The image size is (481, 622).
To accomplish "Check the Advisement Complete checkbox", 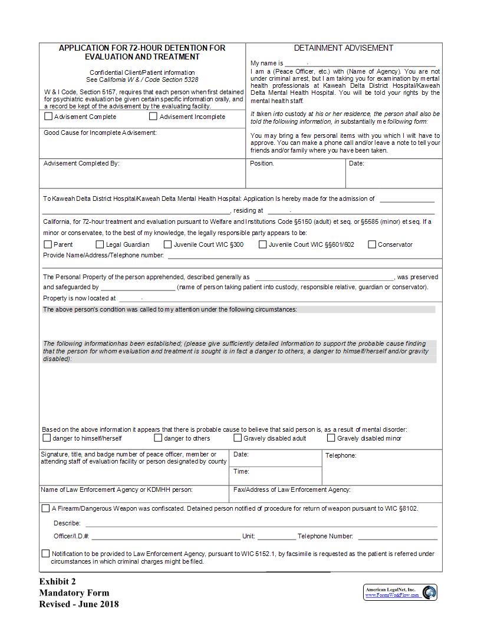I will [48, 117].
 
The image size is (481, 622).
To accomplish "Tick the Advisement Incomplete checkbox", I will [153, 117].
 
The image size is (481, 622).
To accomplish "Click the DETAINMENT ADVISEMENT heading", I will [344, 48].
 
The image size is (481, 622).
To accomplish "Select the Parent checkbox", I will [48, 244].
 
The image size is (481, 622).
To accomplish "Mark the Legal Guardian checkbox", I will [100, 244].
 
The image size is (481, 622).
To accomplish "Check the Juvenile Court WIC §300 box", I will [168, 244].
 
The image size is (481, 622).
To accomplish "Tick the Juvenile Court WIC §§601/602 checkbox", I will [263, 244].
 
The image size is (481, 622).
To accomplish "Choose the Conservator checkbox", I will [372, 244].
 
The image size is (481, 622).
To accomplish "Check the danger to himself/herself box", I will [47, 438].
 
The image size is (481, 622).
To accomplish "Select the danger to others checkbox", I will [158, 438].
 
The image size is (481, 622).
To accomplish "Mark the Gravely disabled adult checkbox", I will [238, 438].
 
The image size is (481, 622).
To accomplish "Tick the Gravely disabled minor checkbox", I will [331, 438].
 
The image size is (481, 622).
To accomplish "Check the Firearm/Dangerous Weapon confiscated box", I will [46, 508].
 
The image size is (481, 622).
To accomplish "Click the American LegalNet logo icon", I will [430, 592].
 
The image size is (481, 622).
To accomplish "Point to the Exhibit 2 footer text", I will [58, 582].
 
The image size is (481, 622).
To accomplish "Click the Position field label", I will [262, 163].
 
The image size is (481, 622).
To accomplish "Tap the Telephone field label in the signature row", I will [341, 455].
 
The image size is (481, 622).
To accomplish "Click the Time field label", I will [241, 471].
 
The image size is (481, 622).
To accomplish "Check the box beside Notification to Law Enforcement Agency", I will [46, 554].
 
